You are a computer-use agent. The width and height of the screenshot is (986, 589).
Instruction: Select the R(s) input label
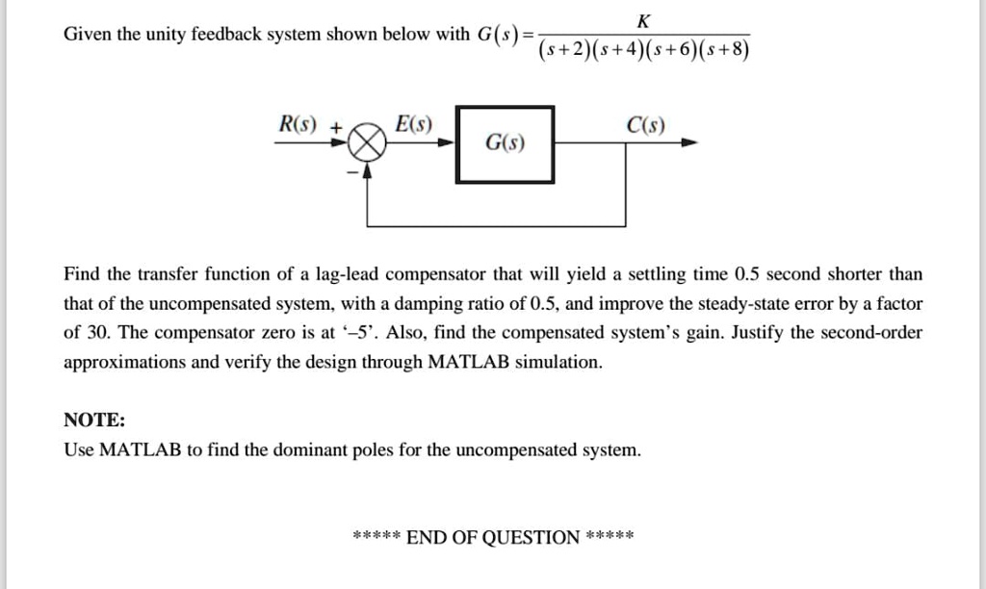pos(298,124)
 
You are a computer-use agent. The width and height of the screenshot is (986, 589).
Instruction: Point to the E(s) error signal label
pos(413,124)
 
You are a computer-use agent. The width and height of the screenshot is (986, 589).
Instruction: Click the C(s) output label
pos(645,125)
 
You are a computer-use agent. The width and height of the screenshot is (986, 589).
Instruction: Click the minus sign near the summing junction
pos(353,171)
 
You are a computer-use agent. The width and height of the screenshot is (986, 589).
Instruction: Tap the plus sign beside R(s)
pos(336,128)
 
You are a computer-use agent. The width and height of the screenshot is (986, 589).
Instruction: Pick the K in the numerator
pos(643,21)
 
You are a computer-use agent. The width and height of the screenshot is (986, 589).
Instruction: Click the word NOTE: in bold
pos(94,420)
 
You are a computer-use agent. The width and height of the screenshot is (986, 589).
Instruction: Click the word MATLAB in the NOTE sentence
pos(141,449)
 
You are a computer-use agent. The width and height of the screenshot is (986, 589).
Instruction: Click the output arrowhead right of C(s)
pos(689,142)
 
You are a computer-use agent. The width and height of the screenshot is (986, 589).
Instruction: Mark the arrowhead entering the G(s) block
pos(447,142)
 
